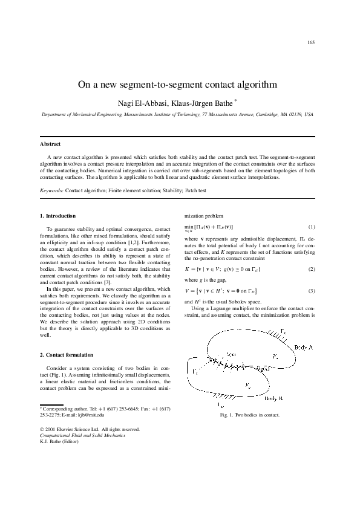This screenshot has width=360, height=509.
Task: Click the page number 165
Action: click(x=311, y=42)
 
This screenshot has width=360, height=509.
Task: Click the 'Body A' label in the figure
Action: click(x=305, y=347)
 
